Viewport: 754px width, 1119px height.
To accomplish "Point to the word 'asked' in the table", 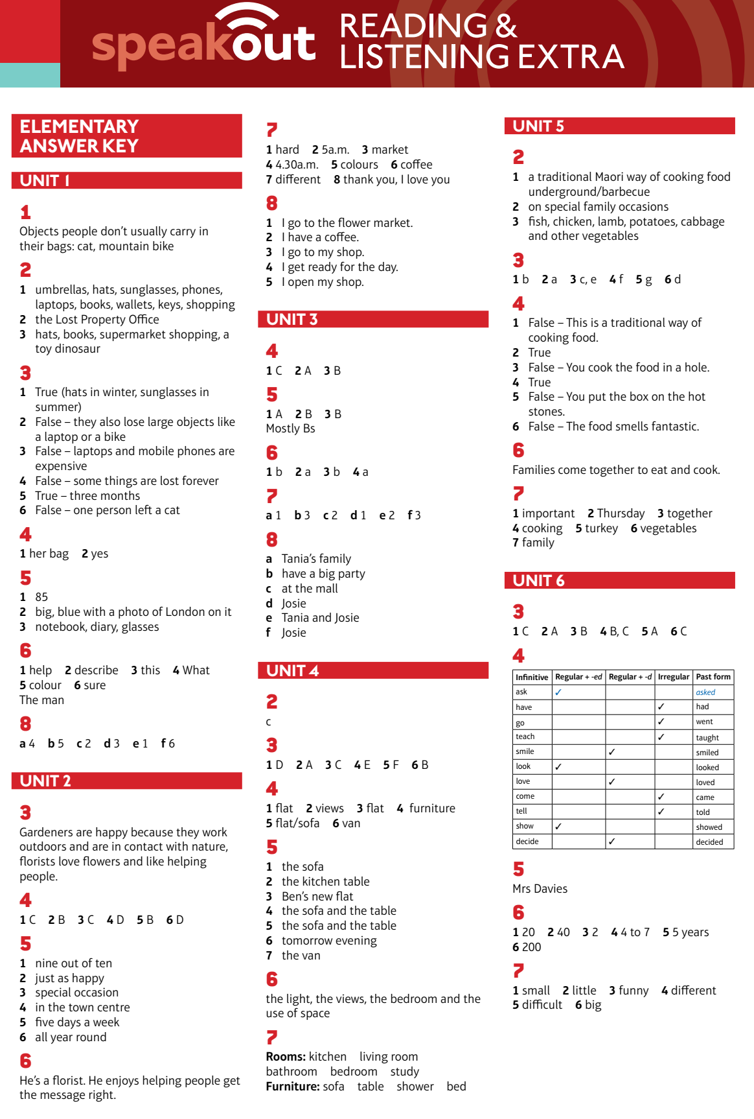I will [x=705, y=692].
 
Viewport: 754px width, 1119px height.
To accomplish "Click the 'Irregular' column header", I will [x=673, y=677].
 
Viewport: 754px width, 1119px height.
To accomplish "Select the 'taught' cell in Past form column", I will [x=707, y=738].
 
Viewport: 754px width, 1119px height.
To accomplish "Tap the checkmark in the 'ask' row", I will [x=558, y=692].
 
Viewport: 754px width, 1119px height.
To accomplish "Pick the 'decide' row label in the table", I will [x=527, y=842].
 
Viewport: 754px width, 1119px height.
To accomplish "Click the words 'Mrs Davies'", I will [x=540, y=889].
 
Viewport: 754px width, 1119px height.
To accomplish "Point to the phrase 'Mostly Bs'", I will [x=290, y=429].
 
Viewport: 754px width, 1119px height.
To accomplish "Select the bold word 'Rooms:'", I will [x=286, y=1057].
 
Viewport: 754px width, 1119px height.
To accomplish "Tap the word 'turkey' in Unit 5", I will [x=601, y=528].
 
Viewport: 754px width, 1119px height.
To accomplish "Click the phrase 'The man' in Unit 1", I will [x=41, y=700].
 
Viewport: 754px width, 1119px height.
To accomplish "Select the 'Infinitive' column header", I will [x=532, y=677].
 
